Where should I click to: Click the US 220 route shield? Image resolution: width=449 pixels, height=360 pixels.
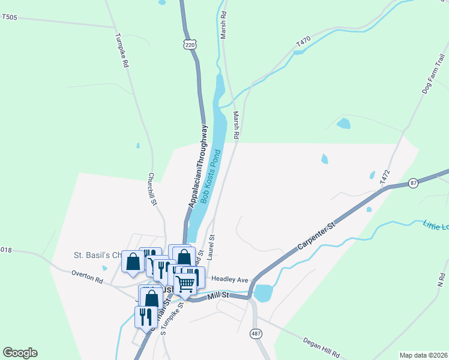[190, 44]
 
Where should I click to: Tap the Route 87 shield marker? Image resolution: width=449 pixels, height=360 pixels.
[412, 183]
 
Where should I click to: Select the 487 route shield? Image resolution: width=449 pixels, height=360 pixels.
[256, 334]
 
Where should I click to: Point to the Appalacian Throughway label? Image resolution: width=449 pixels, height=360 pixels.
[199, 167]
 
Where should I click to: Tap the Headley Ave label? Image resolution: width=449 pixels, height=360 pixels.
[230, 280]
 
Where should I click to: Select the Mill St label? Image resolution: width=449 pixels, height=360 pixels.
[218, 295]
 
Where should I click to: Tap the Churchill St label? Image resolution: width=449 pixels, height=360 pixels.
[152, 190]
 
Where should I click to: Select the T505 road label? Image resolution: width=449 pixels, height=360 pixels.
[10, 17]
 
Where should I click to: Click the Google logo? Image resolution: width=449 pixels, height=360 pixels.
[20, 353]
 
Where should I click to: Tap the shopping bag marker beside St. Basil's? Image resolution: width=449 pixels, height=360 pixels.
[133, 262]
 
